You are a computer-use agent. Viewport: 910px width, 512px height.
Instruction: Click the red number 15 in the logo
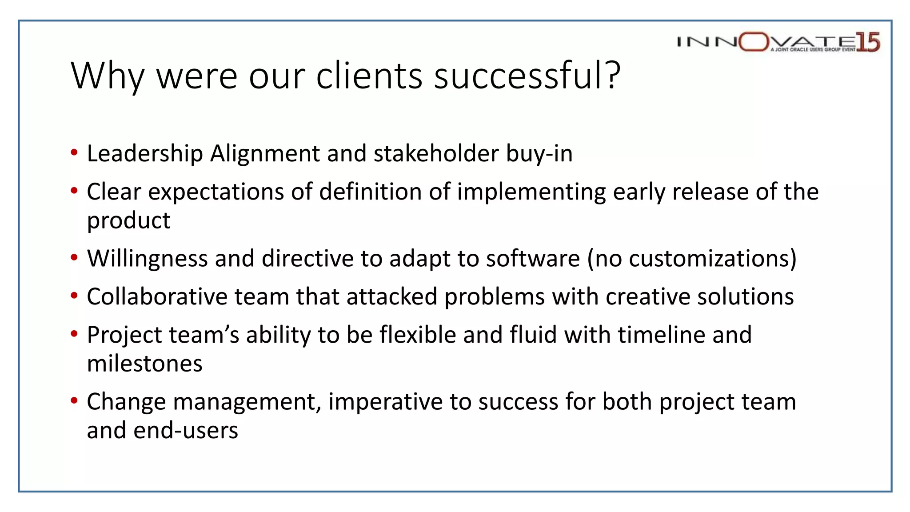click(868, 42)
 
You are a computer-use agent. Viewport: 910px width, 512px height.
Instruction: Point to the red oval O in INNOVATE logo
click(754, 42)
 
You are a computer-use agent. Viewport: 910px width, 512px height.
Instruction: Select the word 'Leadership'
click(145, 154)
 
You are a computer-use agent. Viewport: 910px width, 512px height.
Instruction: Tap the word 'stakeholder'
click(436, 154)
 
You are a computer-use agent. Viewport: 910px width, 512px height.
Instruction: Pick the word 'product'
click(128, 221)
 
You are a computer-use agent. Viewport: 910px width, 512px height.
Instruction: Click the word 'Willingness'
click(147, 259)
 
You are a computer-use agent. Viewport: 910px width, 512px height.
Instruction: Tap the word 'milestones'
click(144, 364)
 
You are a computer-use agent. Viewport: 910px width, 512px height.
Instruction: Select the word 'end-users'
click(186, 431)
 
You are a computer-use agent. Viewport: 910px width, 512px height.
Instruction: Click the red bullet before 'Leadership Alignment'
click(74, 153)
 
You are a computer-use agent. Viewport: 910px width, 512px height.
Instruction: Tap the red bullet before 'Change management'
click(74, 401)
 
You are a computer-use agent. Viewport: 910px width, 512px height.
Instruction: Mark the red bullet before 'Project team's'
click(74, 334)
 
